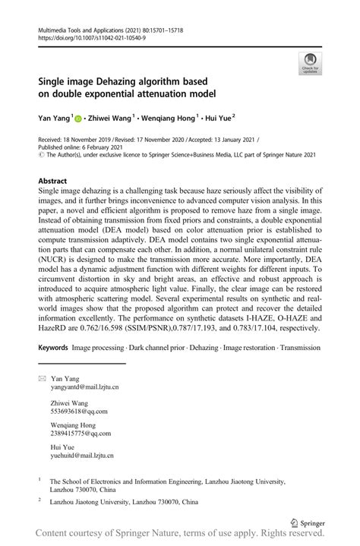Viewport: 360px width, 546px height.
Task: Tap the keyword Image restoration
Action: pos(250,347)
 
